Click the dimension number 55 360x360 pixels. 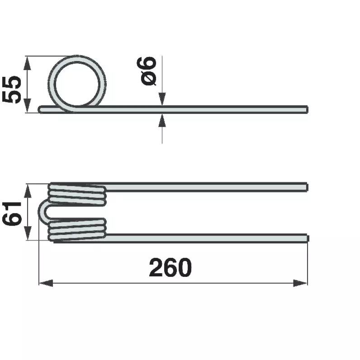(11, 90)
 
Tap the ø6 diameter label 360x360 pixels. (147, 71)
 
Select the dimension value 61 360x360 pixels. (11, 214)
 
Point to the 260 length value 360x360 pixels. (170, 267)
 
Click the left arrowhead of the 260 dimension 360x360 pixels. (46, 283)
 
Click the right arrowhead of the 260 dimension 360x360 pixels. (300, 283)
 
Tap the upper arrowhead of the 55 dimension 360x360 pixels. (27, 63)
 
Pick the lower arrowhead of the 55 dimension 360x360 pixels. (27, 105)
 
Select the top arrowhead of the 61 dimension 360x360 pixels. (28, 191)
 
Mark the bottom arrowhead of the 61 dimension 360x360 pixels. (28, 233)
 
